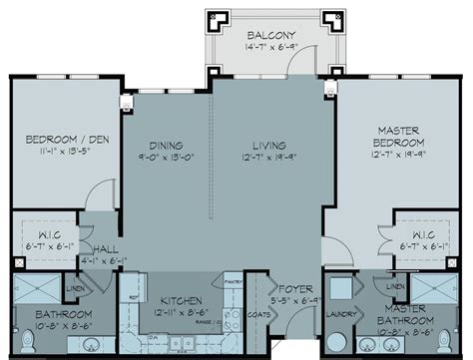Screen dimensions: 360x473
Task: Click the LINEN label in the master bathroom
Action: (396, 286)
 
